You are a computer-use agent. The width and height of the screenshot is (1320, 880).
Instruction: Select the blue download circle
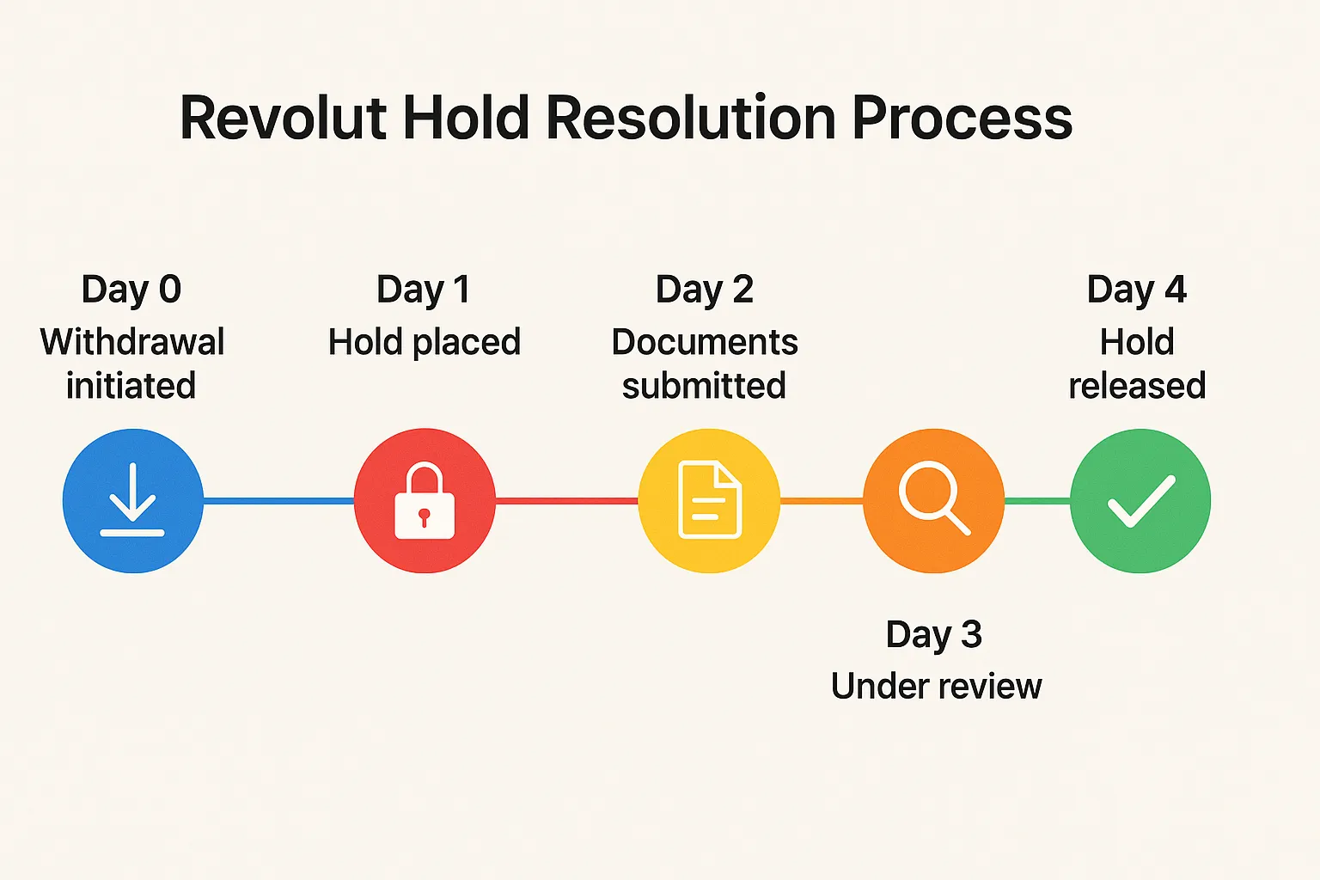pyautogui.click(x=132, y=501)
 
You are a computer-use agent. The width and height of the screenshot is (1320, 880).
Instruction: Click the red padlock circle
pyautogui.click(x=425, y=501)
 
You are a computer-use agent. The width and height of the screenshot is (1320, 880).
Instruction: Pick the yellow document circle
pyautogui.click(x=709, y=501)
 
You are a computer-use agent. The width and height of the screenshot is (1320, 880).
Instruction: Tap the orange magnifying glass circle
pyautogui.click(x=933, y=501)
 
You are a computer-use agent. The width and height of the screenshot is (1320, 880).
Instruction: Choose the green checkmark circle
pyautogui.click(x=1140, y=501)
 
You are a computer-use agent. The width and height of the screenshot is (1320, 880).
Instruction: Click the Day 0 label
pyautogui.click(x=131, y=290)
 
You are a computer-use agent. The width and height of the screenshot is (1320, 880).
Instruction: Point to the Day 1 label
pyautogui.click(x=424, y=290)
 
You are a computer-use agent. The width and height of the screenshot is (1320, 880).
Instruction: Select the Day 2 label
pyautogui.click(x=705, y=290)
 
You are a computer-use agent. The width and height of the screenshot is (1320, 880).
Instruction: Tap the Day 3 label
pyautogui.click(x=934, y=635)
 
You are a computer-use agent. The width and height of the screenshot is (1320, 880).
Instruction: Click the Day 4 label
pyautogui.click(x=1137, y=290)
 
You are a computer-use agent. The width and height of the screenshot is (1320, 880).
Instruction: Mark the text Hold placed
pyautogui.click(x=425, y=342)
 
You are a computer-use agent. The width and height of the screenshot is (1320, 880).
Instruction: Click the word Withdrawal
pyautogui.click(x=132, y=342)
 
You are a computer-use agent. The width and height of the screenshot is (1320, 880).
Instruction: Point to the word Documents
pyautogui.click(x=705, y=342)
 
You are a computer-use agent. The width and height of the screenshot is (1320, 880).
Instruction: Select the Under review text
pyautogui.click(x=936, y=687)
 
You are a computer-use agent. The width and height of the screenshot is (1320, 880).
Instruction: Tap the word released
pyautogui.click(x=1137, y=386)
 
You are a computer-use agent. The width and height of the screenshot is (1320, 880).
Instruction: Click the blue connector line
pyautogui.click(x=278, y=501)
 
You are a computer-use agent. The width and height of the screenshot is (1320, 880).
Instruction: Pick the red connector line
pyautogui.click(x=567, y=501)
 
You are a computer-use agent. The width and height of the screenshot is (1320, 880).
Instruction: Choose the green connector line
pyautogui.click(x=1037, y=501)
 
